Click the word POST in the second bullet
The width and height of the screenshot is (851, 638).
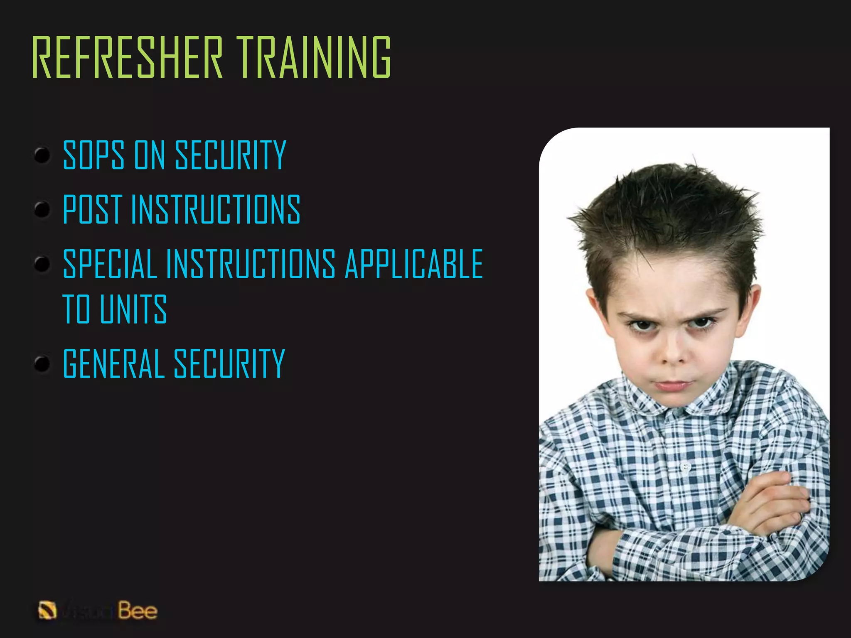(92, 209)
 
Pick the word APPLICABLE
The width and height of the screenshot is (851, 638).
(414, 264)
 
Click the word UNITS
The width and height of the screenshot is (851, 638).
(133, 309)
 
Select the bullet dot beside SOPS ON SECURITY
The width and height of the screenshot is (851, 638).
(42, 155)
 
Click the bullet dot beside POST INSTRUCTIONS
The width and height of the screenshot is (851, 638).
(42, 209)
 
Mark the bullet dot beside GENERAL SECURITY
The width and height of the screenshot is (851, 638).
(42, 364)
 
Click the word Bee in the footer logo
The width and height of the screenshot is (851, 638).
(138, 611)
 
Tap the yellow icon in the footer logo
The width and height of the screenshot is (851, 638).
(47, 611)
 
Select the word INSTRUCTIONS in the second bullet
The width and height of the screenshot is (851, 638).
(216, 209)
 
